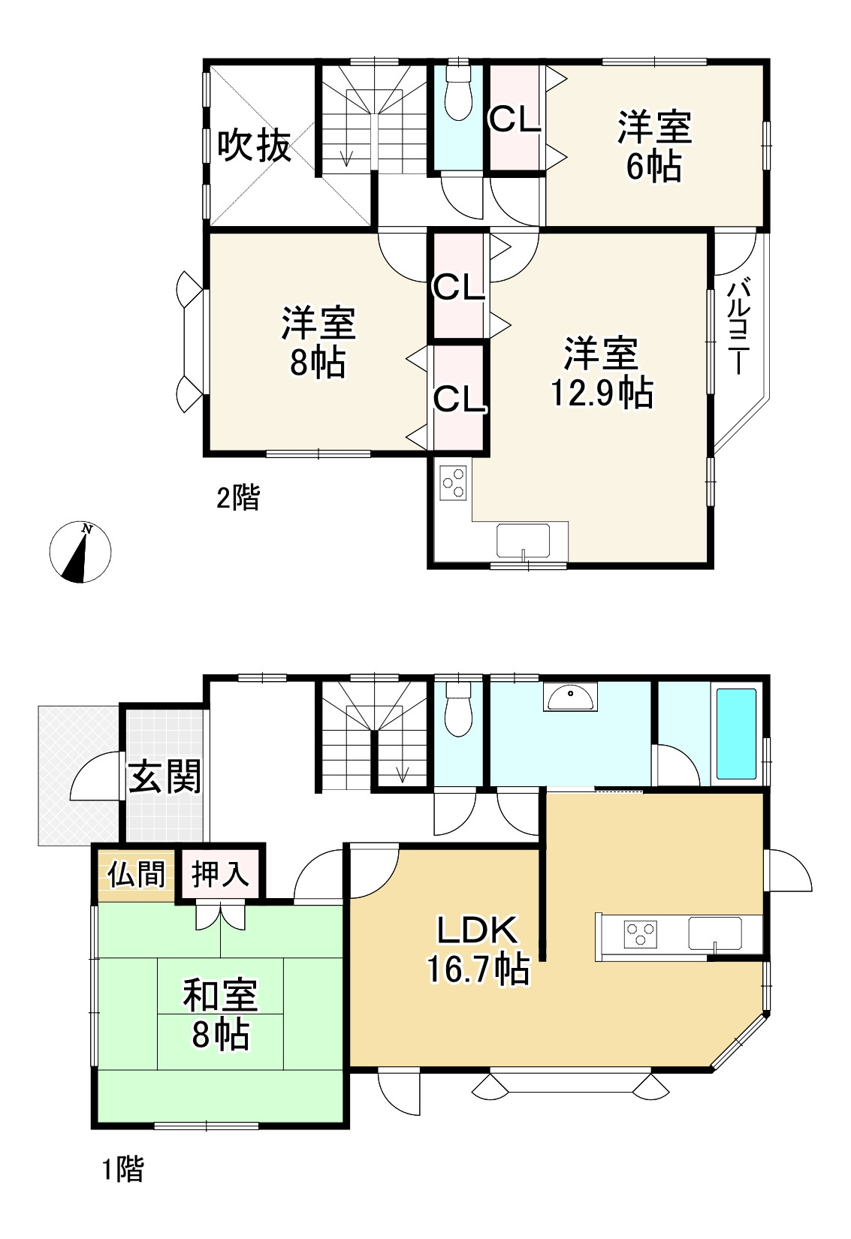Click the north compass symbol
tap(80, 552)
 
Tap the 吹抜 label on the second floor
tap(254, 146)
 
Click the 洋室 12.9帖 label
tap(602, 373)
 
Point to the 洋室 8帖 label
tap(318, 342)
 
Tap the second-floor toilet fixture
tap(457, 93)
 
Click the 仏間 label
tap(136, 875)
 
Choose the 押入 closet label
tap(219, 875)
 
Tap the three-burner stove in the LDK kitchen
tap(640, 933)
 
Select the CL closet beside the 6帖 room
tap(515, 119)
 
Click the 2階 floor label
tap(237, 497)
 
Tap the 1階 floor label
tap(122, 1169)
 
